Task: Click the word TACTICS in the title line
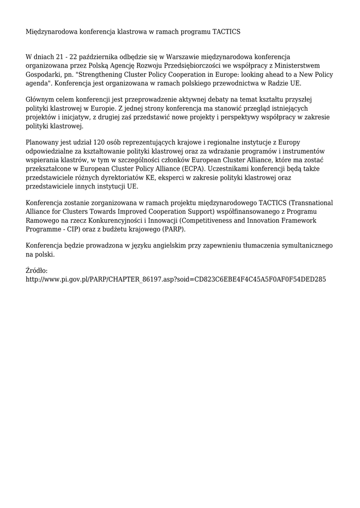[x=226, y=31]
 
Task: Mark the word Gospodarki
[x=44, y=74]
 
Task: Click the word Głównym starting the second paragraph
[x=42, y=100]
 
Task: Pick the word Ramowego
[x=41, y=220]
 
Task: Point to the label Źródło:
[x=36, y=270]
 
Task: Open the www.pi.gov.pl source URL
[x=175, y=279]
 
